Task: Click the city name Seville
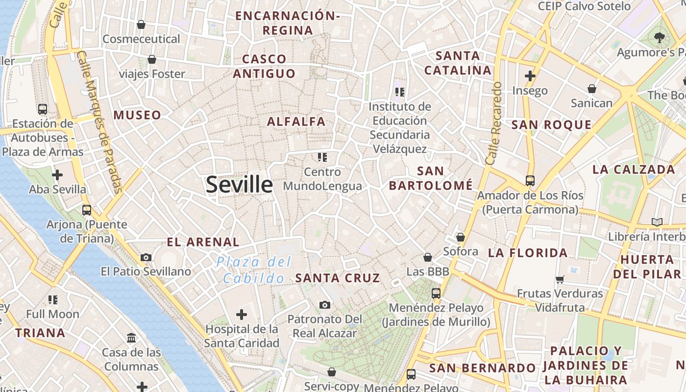point(239,185)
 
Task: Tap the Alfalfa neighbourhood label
point(296,122)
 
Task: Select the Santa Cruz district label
point(338,278)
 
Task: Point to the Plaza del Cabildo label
point(254,270)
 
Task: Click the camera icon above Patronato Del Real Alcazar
point(324,305)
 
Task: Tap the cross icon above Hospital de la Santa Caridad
point(242,314)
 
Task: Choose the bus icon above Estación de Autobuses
point(43,109)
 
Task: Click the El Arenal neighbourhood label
point(203,242)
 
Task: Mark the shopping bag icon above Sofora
point(461,237)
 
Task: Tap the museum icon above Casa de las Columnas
point(131,338)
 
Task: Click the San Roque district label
point(551,125)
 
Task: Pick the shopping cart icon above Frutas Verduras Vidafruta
point(560,279)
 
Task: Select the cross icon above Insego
point(530,76)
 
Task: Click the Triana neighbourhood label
point(40,333)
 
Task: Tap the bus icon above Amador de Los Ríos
point(530,180)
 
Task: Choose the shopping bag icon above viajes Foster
point(152,59)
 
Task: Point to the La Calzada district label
point(634,170)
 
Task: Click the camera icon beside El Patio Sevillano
point(146,257)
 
